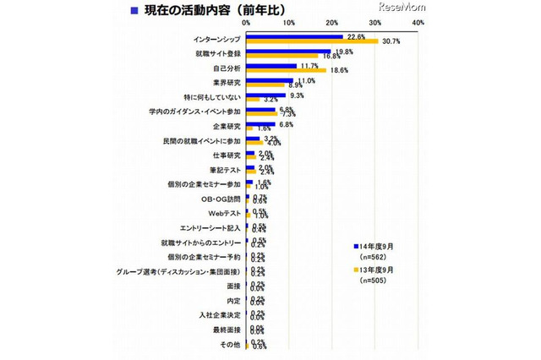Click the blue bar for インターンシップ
pos(294,37)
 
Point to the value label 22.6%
pos(357,36)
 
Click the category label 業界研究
pos(224,83)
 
